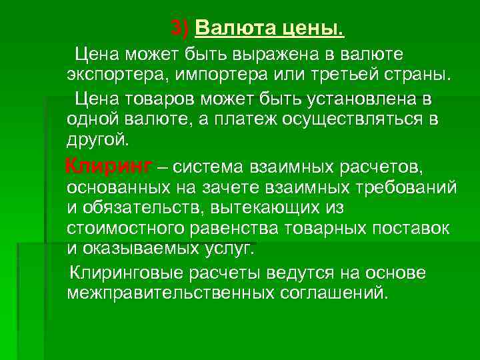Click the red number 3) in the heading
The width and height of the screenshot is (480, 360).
coord(180,29)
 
